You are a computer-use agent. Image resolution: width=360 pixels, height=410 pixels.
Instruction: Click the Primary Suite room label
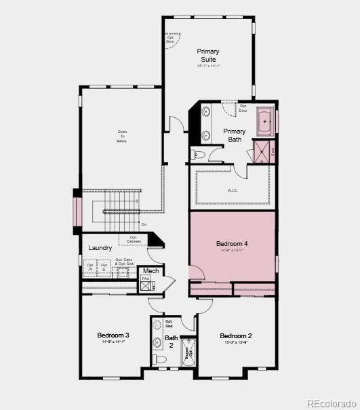(208, 55)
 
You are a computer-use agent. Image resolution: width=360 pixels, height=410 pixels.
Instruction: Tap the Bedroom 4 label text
(232, 243)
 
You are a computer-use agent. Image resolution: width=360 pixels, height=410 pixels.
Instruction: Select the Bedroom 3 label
(113, 335)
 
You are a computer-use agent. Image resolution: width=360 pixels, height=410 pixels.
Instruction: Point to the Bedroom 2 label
(236, 335)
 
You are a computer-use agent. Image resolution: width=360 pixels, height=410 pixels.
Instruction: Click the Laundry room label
(100, 248)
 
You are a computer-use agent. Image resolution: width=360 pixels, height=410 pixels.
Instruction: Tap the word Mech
(151, 271)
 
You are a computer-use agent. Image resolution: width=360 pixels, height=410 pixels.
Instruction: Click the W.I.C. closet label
(233, 191)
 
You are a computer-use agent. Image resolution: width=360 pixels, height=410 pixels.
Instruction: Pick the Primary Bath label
(235, 136)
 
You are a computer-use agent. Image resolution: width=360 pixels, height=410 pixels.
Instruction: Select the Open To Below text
(122, 136)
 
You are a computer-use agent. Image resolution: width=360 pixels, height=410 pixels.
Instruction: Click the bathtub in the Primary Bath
(265, 121)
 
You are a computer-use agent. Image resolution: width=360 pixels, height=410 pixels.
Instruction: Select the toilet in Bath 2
(159, 358)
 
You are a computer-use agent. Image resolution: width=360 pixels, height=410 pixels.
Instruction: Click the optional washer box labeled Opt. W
(89, 269)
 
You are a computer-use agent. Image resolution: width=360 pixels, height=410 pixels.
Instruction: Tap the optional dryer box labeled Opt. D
(104, 269)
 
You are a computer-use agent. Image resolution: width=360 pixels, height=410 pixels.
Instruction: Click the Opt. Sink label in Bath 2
(169, 323)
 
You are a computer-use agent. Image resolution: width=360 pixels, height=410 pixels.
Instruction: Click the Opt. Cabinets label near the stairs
(134, 239)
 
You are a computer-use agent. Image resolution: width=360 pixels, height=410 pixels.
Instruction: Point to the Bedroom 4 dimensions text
(232, 251)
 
